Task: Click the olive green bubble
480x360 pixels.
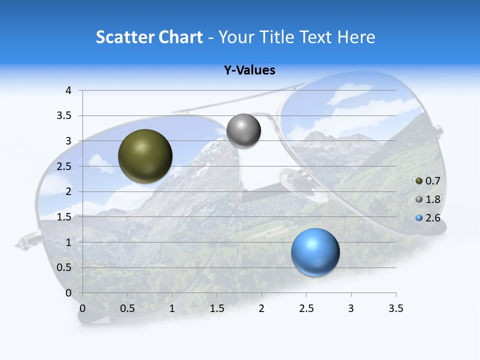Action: coord(145,156)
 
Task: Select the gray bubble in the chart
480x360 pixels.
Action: coord(243,131)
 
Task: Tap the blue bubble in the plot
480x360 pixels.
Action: coord(315,252)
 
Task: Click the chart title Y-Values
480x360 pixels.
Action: coord(249,70)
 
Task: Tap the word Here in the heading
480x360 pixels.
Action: coord(356,37)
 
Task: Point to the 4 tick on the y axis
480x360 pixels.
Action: coord(69,90)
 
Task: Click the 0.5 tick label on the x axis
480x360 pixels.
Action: coord(127,308)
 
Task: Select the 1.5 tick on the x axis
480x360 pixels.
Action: coord(216,308)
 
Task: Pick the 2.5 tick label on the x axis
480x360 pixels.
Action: coord(306,308)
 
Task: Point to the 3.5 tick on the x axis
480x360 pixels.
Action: coord(395,308)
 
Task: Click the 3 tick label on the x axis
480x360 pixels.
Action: coord(351,308)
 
